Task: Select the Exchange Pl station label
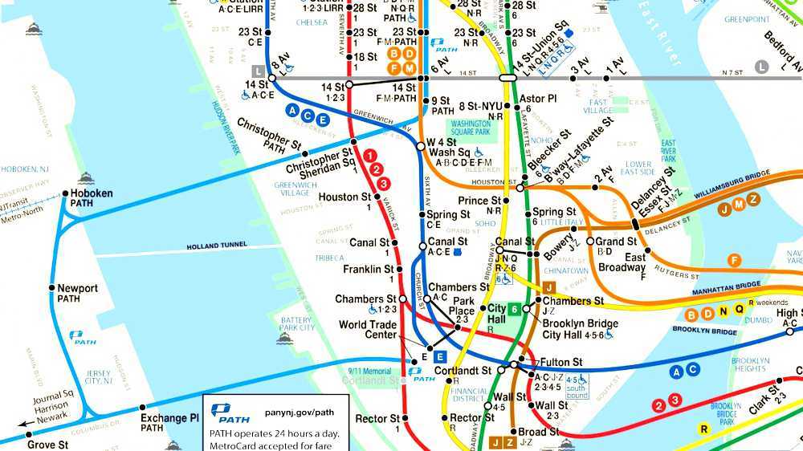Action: click(x=169, y=418)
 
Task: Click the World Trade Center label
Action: click(x=367, y=330)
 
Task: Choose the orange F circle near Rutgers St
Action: click(x=733, y=260)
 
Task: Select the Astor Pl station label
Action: click(x=538, y=99)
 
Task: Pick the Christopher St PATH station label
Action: click(x=269, y=137)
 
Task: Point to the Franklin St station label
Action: click(x=368, y=270)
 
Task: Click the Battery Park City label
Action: click(x=296, y=323)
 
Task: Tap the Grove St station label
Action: click(x=47, y=444)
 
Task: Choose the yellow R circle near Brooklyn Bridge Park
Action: click(x=703, y=429)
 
